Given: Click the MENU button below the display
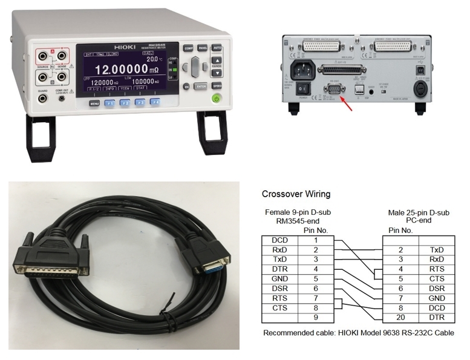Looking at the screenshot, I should (x=94, y=103).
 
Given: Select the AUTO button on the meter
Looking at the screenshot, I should (x=217, y=48).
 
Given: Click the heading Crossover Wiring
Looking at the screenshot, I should (x=296, y=195).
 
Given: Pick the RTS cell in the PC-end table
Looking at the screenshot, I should (x=436, y=269).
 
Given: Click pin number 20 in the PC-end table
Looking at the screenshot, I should (x=399, y=317).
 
